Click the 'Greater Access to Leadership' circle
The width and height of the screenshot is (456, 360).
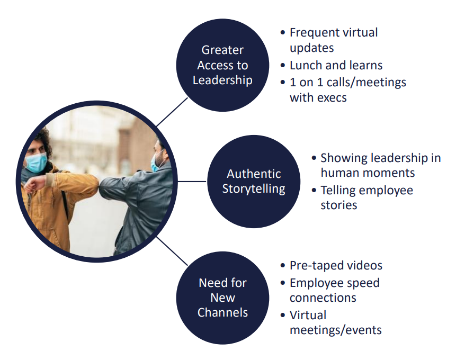222,65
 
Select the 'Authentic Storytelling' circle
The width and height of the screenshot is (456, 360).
253,181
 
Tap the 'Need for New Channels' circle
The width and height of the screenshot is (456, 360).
222,298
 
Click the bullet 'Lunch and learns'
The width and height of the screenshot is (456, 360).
336,66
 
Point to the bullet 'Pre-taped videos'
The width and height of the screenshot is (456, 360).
336,265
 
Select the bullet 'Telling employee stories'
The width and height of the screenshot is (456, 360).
366,197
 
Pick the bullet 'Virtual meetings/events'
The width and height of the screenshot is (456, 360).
335,322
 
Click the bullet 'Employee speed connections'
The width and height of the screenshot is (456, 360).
335,290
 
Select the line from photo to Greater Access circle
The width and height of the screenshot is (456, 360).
172,112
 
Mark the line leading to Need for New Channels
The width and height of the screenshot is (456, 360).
172,250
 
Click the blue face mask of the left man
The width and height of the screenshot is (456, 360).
36,163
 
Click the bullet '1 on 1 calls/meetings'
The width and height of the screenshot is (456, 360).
347,82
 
